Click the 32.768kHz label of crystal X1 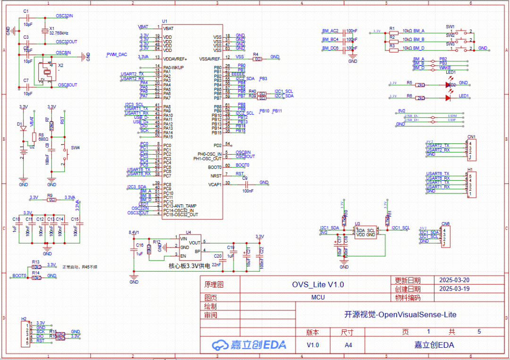(59, 33)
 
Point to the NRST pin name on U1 (216, 176)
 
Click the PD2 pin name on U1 (218, 145)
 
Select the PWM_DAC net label (117, 55)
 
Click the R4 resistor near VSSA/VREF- (257, 59)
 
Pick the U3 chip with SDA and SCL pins (365, 232)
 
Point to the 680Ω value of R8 (44, 140)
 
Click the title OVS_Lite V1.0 (318, 285)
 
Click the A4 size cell (348, 345)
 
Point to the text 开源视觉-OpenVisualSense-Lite (400, 315)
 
